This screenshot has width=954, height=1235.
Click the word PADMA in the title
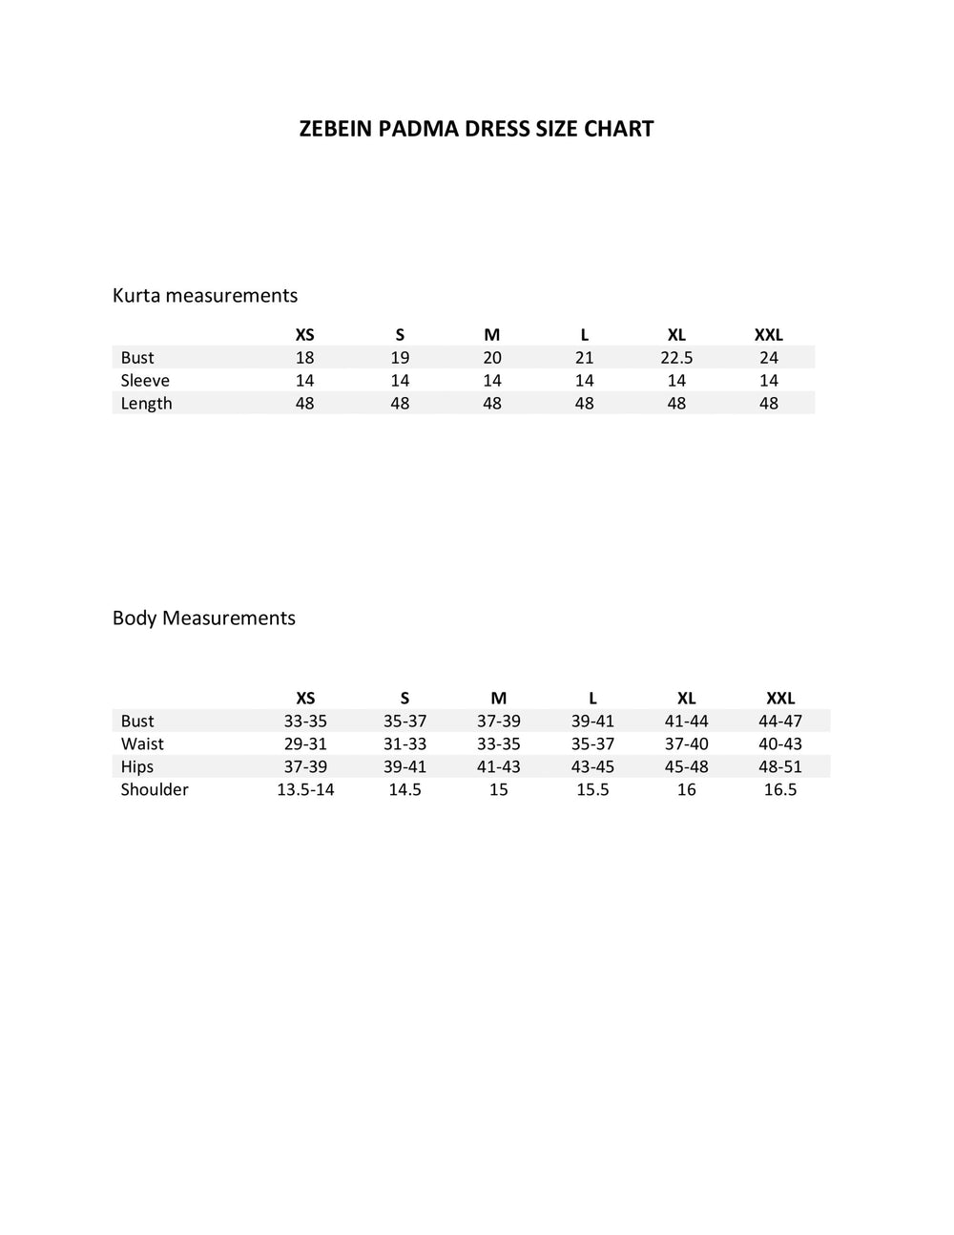418,129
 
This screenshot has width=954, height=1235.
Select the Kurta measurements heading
205,295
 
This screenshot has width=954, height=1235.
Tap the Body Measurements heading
204,617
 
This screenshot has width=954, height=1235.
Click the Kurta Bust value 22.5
676,357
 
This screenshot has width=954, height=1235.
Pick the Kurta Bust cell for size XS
304,357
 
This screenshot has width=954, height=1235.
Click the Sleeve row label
145,380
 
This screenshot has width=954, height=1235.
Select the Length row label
146,403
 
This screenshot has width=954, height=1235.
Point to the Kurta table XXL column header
769,334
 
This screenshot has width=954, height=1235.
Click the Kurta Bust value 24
769,357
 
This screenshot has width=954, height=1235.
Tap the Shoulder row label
155,789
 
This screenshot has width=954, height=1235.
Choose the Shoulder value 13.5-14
305,789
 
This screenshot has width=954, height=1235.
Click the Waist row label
142,743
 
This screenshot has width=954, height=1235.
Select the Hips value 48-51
780,766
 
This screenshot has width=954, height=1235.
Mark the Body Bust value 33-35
305,721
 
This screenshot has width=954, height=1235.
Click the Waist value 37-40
687,743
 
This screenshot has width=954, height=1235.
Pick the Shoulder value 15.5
592,789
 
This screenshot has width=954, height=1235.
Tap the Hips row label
137,766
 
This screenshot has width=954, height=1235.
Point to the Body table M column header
498,698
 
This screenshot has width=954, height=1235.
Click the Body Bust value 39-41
592,721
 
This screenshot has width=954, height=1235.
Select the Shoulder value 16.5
780,789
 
